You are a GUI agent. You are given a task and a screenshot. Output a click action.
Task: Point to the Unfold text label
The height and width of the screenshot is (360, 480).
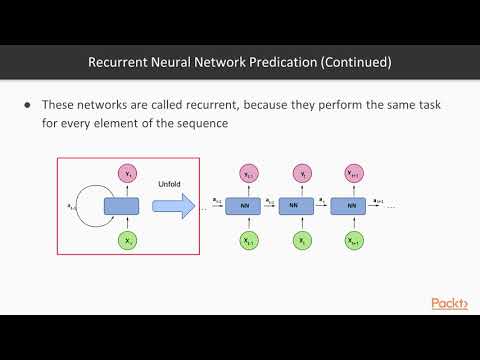(168, 184)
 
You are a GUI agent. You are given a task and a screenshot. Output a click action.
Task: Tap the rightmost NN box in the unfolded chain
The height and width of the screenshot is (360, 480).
(351, 206)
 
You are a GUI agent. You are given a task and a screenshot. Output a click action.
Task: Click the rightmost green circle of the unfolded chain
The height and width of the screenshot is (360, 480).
(351, 241)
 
